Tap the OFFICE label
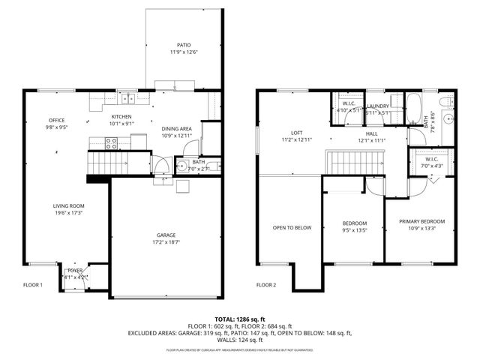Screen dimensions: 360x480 pos(57,120)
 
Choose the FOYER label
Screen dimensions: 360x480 pos(75,270)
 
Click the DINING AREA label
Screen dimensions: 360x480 pos(177,128)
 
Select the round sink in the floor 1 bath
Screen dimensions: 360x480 pos(182,167)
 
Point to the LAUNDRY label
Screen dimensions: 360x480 pos(377,106)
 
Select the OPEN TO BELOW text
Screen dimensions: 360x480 pos(292,228)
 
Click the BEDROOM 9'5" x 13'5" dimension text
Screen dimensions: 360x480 pos(355,231)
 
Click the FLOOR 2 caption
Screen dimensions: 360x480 pos(266,285)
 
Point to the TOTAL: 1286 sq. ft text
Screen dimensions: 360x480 pos(239,319)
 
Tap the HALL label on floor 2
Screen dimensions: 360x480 pos(370,133)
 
